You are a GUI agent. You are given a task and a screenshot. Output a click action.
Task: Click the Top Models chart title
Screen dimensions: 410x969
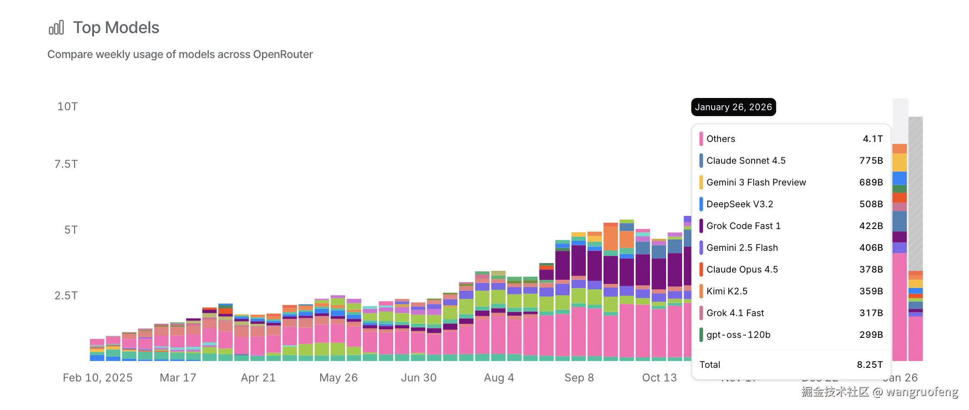point(116,28)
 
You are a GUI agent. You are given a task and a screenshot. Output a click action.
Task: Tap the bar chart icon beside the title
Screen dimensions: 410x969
point(56,28)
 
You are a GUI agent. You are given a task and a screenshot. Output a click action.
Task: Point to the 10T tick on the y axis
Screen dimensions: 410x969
point(67,107)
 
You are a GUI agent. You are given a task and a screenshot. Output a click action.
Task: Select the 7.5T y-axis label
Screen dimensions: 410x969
point(66,164)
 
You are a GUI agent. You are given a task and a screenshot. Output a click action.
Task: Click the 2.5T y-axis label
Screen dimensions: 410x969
point(66,296)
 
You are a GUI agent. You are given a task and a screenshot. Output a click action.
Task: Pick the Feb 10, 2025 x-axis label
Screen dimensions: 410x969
point(98,378)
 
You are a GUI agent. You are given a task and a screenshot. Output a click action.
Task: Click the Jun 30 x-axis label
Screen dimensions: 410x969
point(419,378)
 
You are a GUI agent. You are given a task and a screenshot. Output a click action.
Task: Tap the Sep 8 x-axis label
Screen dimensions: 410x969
point(579,378)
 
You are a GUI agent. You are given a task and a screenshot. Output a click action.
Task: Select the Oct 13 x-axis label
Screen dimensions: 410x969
point(659,378)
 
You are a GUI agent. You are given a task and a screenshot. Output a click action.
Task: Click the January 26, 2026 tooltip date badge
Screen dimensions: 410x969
point(733,107)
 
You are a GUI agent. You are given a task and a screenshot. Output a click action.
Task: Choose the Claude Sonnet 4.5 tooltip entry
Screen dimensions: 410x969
point(746,161)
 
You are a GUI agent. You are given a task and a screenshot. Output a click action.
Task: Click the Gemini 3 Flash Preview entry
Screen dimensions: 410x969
point(756,182)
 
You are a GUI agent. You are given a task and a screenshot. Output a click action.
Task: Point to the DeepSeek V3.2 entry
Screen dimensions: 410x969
point(740,204)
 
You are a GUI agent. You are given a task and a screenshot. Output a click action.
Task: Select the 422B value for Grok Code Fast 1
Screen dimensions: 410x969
point(871,226)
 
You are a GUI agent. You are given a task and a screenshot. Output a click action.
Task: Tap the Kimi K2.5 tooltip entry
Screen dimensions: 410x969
point(727,291)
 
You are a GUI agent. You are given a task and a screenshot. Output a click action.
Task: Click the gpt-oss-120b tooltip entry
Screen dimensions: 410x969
point(738,335)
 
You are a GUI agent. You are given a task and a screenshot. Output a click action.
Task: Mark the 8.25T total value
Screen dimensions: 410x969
point(870,365)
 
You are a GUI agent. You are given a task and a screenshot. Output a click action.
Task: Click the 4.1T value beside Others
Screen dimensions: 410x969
point(873,139)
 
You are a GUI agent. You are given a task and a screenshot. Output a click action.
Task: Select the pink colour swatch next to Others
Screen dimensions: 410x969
point(701,139)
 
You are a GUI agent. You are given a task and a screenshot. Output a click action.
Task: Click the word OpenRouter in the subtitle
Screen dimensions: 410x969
point(283,54)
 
